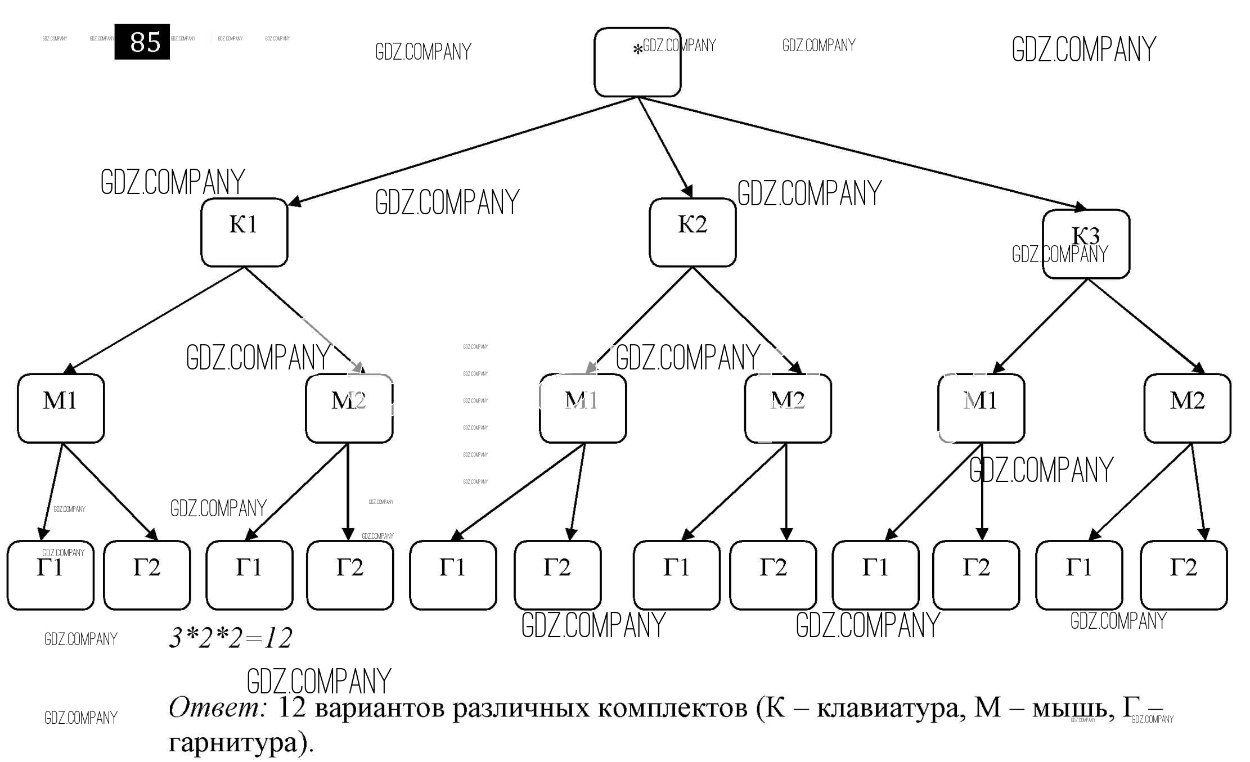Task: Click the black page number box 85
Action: point(142,42)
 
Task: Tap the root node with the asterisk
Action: point(637,62)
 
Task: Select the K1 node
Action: point(244,232)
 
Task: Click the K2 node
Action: point(693,232)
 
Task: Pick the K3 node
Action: point(1086,244)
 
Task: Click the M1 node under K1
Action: point(61,408)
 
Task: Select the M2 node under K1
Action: point(349,408)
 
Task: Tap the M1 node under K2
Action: point(583,408)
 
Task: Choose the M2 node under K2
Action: point(788,408)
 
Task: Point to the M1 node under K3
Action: point(981,408)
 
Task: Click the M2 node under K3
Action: point(1187,408)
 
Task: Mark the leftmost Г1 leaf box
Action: point(50,575)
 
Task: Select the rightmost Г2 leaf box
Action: point(1184,575)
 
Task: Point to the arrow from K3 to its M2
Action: point(1145,326)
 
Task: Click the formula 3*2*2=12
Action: point(231,638)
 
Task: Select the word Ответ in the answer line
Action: point(217,707)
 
